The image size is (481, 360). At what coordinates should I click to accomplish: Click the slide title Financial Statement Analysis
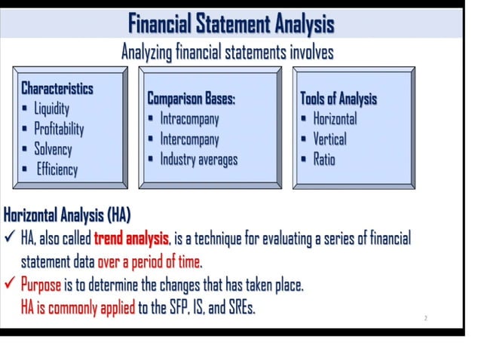point(230,23)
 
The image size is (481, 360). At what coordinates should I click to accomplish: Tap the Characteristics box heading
point(57,88)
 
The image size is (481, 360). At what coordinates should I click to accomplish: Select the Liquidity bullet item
point(51,108)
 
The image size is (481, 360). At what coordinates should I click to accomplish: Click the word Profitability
point(59,129)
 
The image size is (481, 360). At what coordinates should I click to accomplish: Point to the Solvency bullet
point(53,148)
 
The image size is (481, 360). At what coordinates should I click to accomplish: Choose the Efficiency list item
point(57,169)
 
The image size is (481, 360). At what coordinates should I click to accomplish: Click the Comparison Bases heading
point(191,99)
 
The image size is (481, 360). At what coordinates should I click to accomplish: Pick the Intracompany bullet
point(189,119)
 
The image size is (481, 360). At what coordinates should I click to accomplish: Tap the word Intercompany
point(189,139)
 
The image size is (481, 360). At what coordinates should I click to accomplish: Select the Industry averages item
point(198,159)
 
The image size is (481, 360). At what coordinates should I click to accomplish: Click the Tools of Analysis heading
point(339,99)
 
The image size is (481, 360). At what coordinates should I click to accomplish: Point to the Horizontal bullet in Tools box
point(335,119)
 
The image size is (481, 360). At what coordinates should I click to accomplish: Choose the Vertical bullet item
point(329,139)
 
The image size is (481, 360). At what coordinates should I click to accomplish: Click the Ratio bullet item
point(324,159)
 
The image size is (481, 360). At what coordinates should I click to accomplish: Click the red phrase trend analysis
point(132,239)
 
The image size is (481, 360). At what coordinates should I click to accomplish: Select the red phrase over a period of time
point(151,262)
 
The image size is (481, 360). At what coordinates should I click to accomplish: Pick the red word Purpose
point(40,285)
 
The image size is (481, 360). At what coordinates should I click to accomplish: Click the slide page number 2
point(426,319)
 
